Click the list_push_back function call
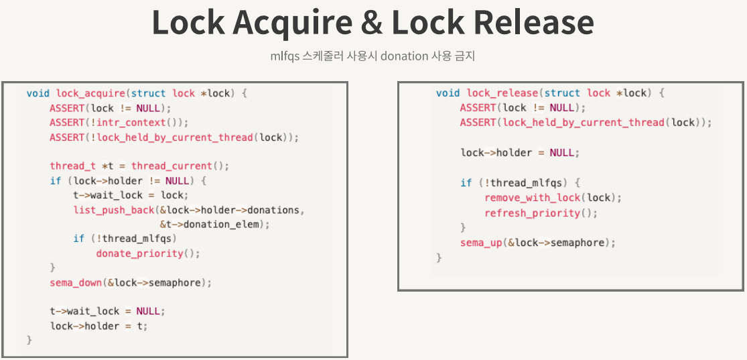click(113, 210)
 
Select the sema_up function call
click(480, 243)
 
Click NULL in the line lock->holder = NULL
click(562, 152)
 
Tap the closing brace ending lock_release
click(439, 257)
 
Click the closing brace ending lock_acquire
click(29, 341)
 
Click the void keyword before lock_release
click(448, 93)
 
